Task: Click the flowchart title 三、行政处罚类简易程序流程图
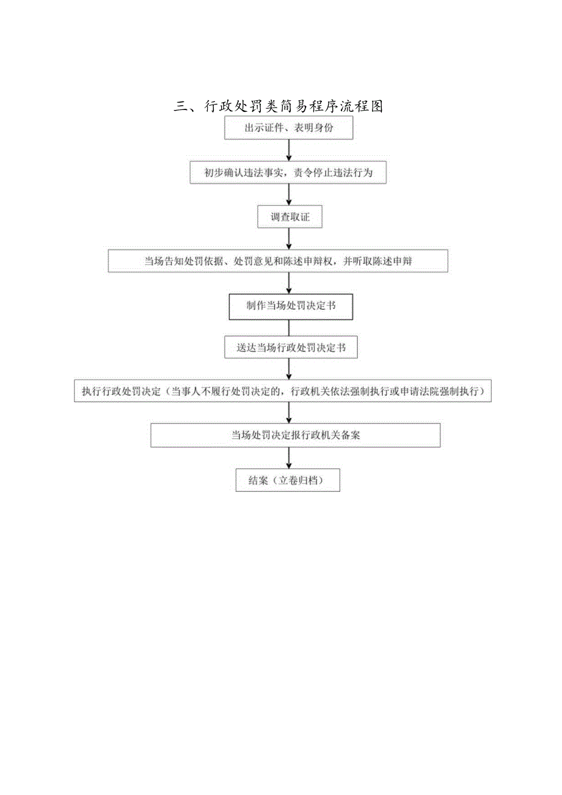278,106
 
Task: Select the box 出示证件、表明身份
288,128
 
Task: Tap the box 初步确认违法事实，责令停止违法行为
288,173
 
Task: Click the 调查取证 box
290,217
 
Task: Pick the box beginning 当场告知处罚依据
278,261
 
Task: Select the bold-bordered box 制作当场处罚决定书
291,306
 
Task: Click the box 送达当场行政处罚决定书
291,348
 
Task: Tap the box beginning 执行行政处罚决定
282,392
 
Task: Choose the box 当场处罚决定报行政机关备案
296,435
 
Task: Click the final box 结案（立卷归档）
287,480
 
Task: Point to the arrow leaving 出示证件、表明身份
288,151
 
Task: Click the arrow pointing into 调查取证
288,195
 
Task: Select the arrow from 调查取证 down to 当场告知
288,239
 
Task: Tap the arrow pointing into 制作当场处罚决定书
288,283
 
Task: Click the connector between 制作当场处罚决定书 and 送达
289,328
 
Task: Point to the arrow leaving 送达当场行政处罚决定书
289,369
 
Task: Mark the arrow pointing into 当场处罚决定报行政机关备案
289,413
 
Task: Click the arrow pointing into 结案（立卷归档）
289,458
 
